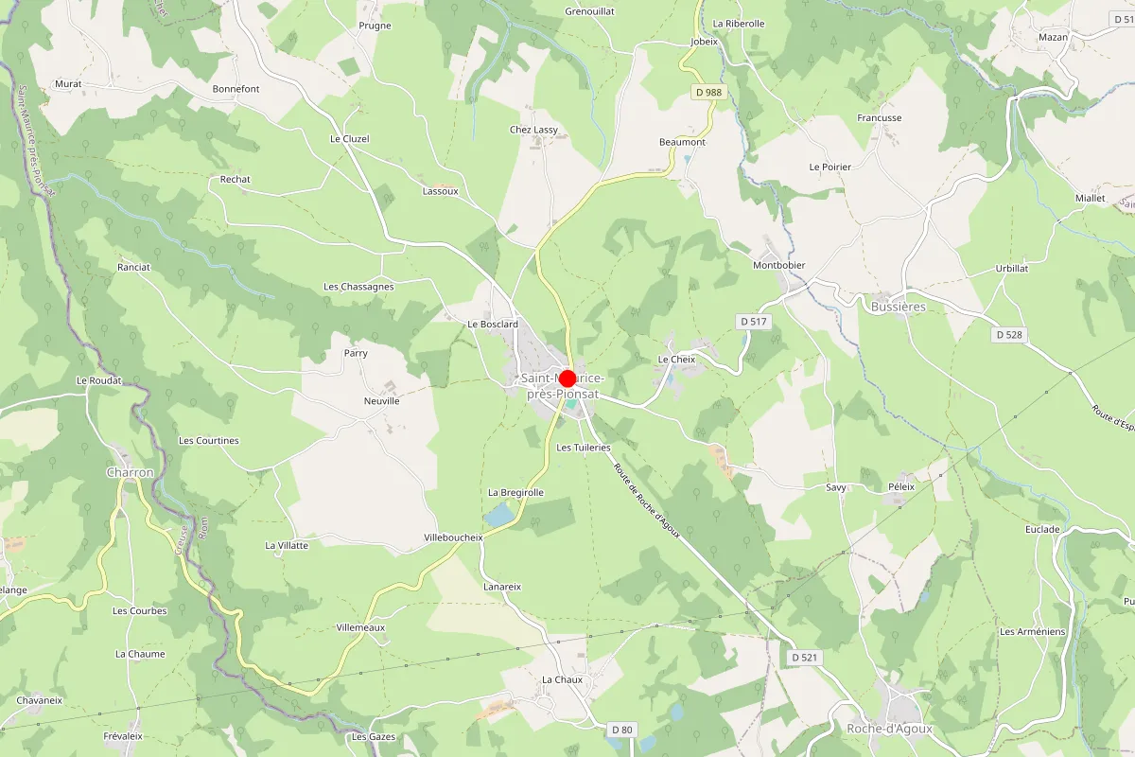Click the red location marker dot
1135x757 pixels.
point(567,378)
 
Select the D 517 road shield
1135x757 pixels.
point(753,322)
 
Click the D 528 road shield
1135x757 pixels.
point(1010,335)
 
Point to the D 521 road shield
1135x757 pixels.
point(804,657)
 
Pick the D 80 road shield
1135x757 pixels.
point(621,730)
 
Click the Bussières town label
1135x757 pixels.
point(898,307)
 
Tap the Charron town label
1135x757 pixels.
point(131,472)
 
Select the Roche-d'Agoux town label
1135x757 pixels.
point(889,729)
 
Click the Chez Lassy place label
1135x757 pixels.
point(533,130)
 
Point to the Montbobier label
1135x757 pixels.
point(778,265)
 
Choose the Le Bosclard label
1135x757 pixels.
point(493,324)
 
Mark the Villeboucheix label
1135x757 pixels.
point(453,537)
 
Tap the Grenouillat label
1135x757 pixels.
point(589,11)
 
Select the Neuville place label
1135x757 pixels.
point(382,401)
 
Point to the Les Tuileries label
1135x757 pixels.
point(584,448)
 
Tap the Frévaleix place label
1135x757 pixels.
point(123,735)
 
